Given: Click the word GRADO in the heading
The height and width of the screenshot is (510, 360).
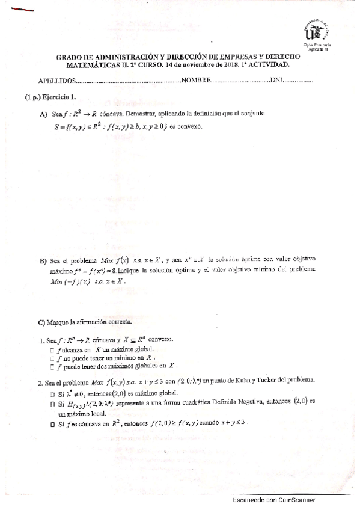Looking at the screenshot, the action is (70, 56).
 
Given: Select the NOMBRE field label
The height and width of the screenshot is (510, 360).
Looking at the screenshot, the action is (196, 81).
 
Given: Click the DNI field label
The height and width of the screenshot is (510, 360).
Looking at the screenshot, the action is (276, 81).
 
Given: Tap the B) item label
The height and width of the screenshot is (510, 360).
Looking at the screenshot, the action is (43, 260).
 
